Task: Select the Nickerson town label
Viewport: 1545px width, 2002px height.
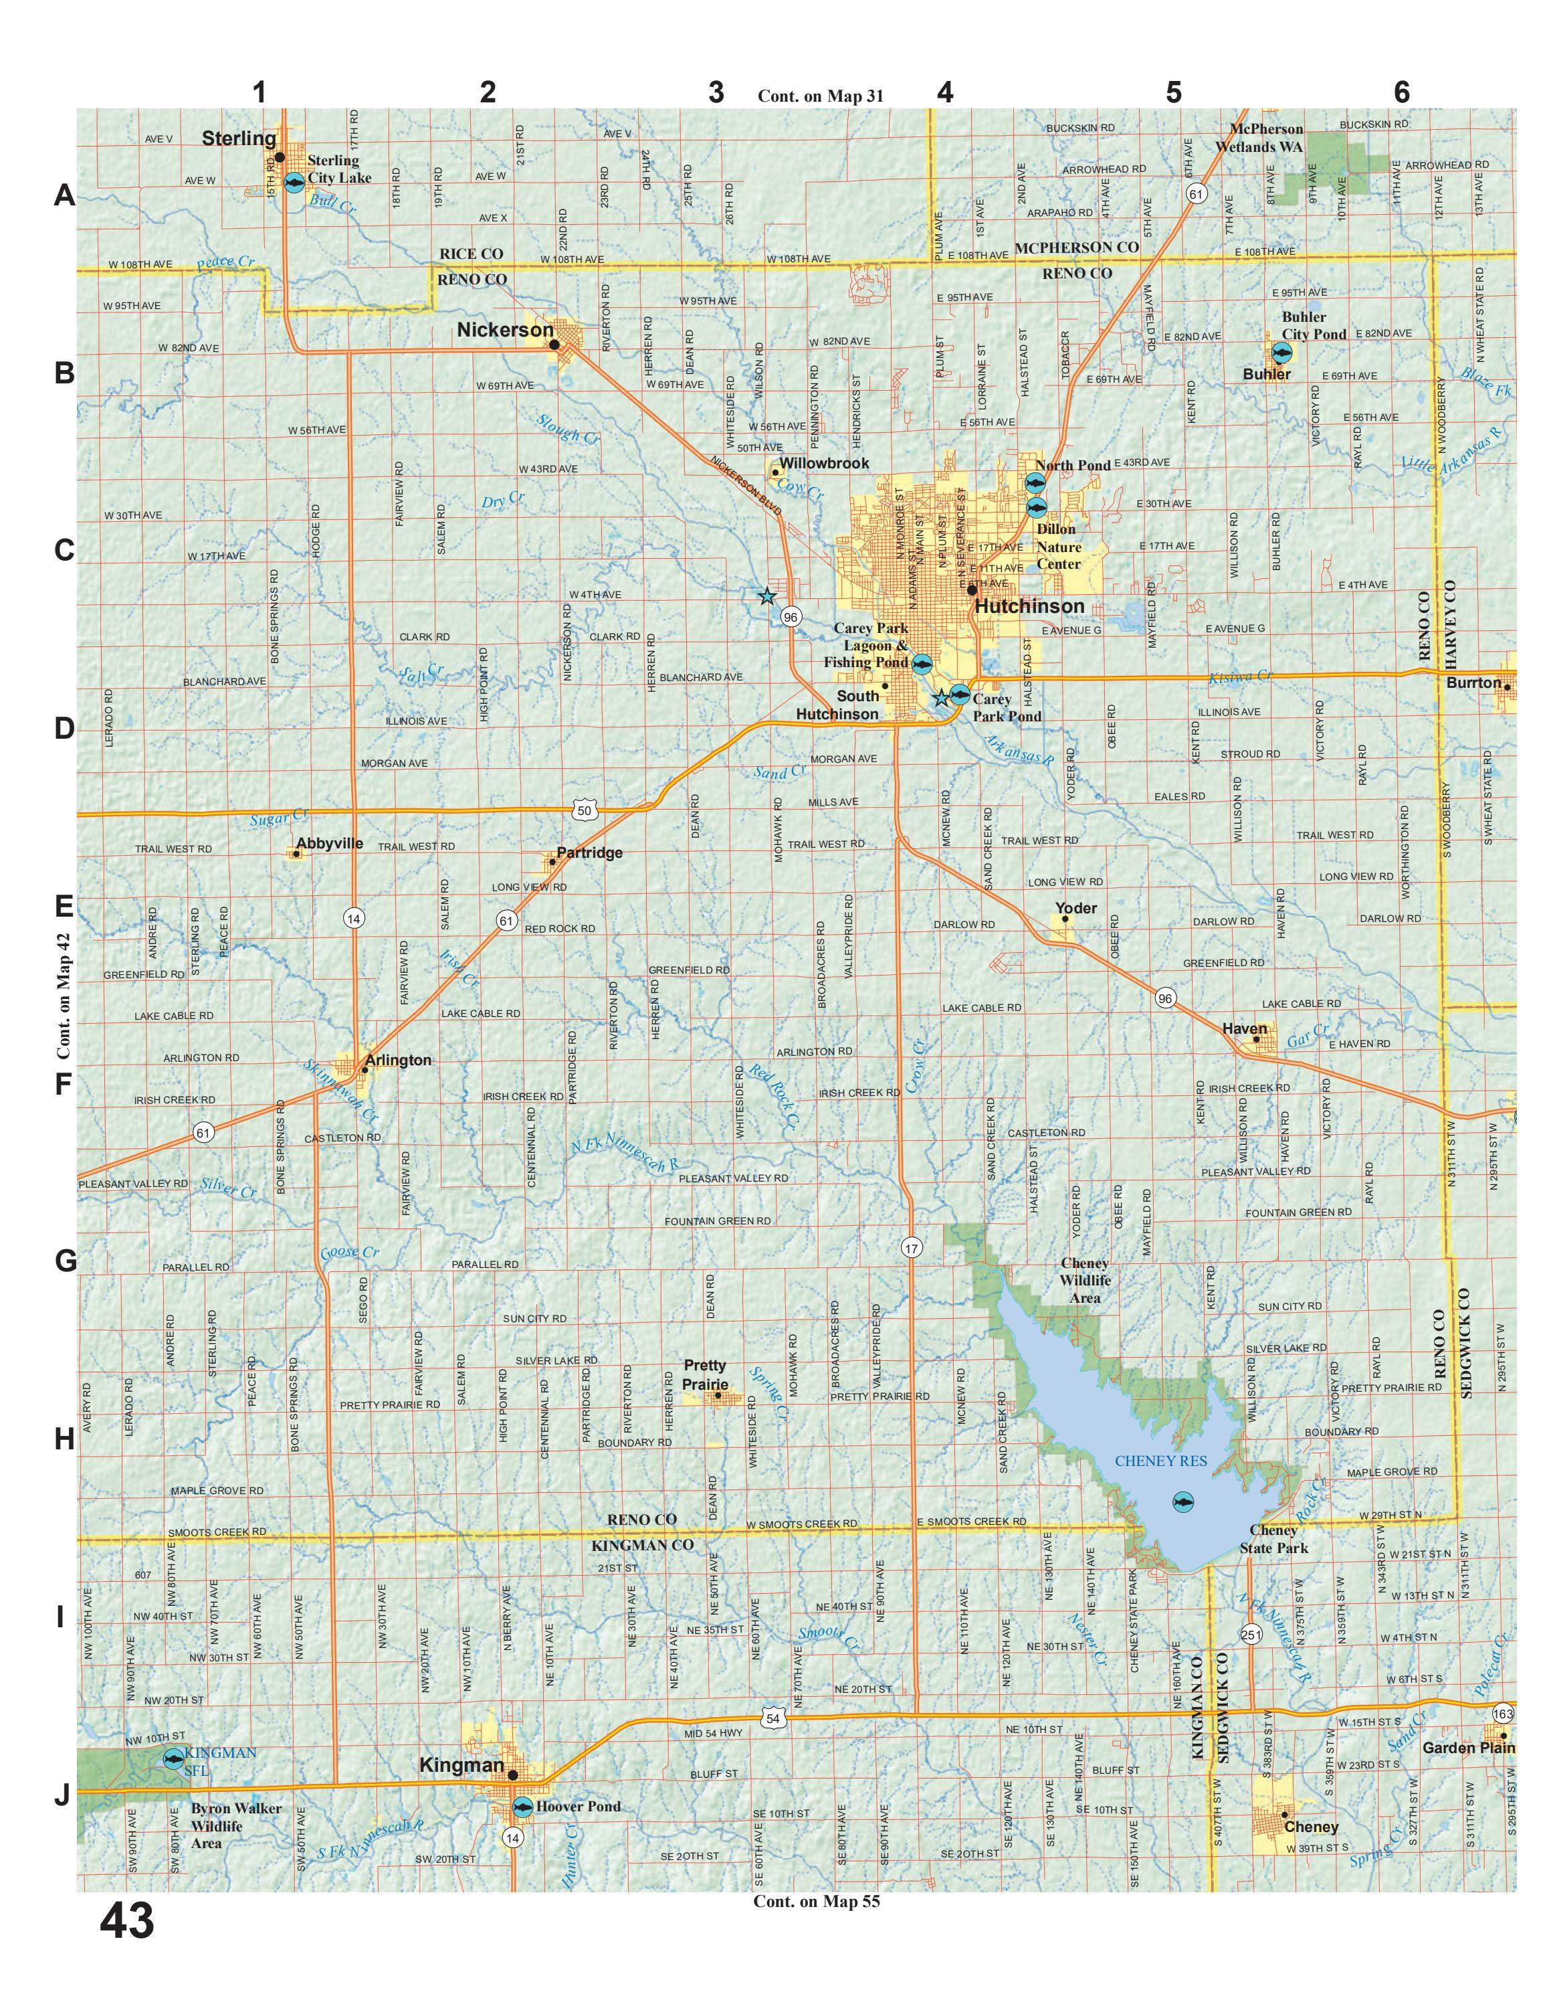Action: click(505, 330)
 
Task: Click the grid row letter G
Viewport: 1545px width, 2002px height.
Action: click(64, 1261)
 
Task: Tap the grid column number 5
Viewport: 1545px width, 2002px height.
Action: click(1173, 92)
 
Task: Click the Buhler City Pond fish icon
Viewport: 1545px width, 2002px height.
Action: click(1281, 352)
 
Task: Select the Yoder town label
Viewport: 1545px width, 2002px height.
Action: click(1076, 907)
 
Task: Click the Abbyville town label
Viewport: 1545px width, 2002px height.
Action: click(329, 842)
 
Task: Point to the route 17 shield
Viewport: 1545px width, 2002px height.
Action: click(910, 1248)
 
